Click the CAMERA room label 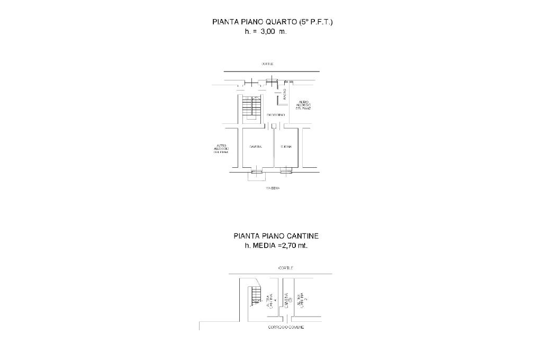coord(256,147)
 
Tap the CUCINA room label coord(286,147)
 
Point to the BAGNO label coord(284,95)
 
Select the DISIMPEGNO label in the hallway coord(276,115)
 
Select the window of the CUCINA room coord(286,170)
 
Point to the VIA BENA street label coord(273,188)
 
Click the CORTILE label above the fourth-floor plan coord(267,64)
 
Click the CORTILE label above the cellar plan coord(285,268)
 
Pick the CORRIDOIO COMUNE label coord(286,328)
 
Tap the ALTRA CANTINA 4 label coord(272,301)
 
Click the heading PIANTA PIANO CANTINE coord(276,236)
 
